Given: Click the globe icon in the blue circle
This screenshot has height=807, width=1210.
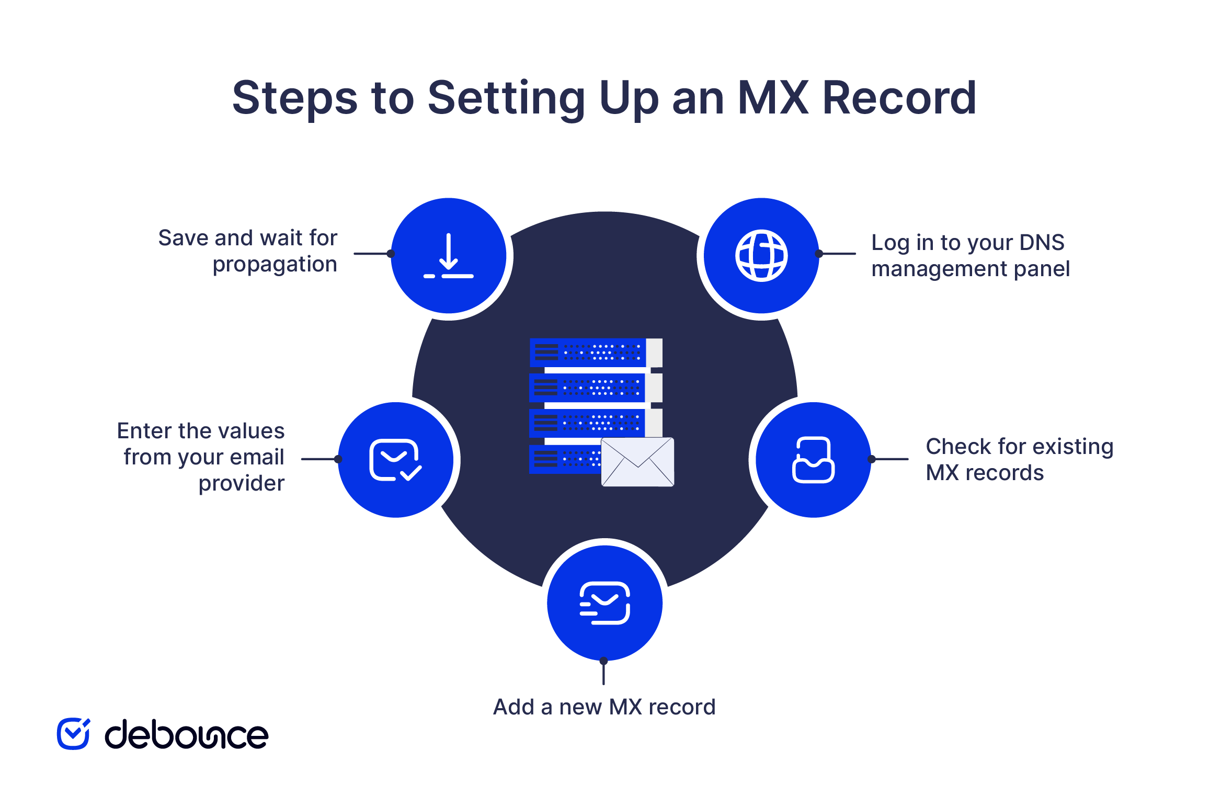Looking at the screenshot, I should click(761, 256).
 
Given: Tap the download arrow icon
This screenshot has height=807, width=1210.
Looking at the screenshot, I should click(449, 256).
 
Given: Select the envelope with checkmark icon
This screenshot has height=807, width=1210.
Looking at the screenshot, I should click(395, 460).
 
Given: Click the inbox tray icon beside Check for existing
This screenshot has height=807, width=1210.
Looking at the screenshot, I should click(813, 460).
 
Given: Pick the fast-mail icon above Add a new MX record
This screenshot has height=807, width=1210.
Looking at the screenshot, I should click(605, 603).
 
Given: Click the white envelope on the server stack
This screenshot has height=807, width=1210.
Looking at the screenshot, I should click(637, 462).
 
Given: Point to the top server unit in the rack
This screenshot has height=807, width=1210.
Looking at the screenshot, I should click(595, 353).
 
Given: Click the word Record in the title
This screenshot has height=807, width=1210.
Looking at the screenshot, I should click(899, 98).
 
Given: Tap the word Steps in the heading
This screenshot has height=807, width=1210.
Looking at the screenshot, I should click(295, 98).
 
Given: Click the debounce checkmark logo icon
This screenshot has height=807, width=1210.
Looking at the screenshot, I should click(73, 734).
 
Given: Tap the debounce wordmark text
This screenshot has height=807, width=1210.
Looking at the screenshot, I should click(187, 735).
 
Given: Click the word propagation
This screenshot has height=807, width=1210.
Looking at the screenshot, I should click(275, 265).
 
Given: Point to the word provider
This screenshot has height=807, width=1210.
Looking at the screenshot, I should click(242, 483).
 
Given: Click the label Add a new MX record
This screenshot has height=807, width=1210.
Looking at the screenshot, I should click(604, 707).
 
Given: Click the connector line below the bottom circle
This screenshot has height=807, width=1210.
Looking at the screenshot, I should click(604, 673).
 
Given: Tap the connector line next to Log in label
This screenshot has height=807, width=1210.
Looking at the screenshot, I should click(838, 254).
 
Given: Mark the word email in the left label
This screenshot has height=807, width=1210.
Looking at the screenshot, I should click(257, 457).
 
